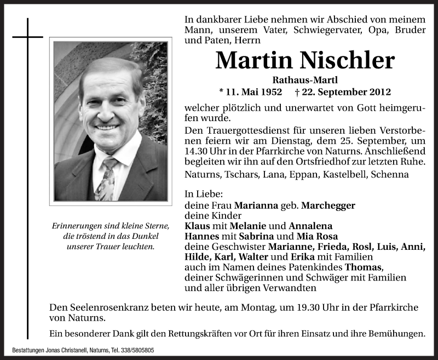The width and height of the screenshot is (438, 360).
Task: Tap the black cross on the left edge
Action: pyautogui.click(x=27, y=37)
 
